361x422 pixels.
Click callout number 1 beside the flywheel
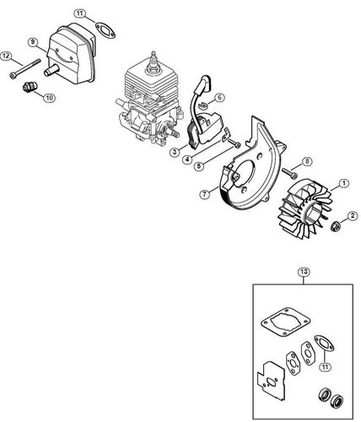click(344, 183)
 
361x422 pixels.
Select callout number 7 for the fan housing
click(205, 194)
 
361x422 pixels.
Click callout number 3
click(173, 152)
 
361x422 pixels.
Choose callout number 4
click(185, 159)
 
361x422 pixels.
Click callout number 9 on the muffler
click(34, 41)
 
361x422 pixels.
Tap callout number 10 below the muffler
click(49, 99)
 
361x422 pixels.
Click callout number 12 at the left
click(6, 56)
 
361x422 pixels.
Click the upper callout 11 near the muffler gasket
click(80, 14)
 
